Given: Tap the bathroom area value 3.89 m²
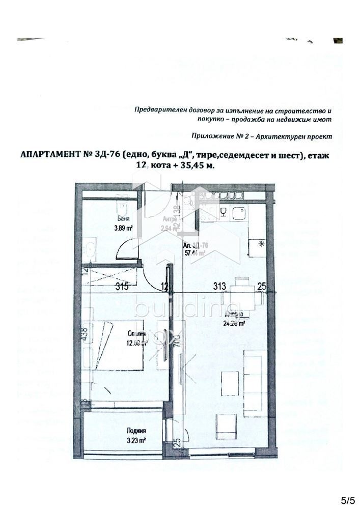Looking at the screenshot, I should (123, 229).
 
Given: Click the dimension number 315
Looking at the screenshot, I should (122, 287).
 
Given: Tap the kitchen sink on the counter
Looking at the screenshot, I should (238, 213).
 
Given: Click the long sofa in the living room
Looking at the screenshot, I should (253, 376).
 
